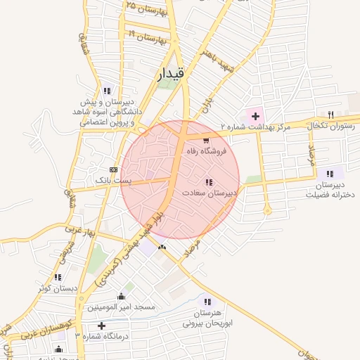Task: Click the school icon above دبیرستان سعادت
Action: pos(208,182)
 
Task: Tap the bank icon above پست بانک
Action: pos(114,170)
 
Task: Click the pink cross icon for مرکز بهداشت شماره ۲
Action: pos(255,115)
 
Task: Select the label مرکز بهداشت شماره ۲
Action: pos(255,127)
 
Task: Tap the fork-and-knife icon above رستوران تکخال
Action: pos(330,114)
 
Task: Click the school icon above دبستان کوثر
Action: pos(58,277)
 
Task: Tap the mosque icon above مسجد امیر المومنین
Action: pos(121,296)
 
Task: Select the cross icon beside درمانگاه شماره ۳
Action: pos(102,326)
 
